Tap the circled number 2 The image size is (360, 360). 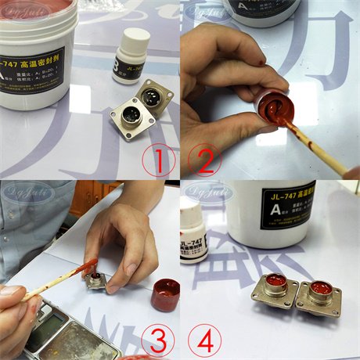point(204,162)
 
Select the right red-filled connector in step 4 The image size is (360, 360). point(319,293)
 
